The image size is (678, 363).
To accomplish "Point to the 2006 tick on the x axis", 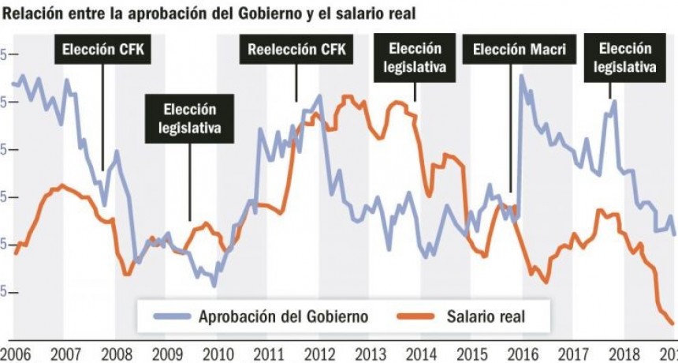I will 15,353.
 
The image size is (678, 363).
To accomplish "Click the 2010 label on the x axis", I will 218,353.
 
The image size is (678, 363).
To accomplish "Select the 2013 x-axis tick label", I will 371,353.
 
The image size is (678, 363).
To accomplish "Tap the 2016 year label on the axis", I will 523,353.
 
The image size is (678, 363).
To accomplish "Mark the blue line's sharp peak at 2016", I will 522,77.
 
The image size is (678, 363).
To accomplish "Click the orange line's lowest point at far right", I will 672,324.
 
